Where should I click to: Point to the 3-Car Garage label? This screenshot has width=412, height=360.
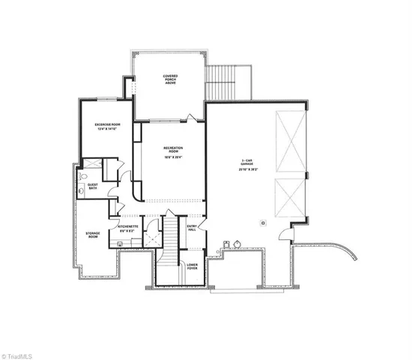[x=241, y=163]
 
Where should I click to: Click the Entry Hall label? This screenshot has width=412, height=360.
[x=191, y=227]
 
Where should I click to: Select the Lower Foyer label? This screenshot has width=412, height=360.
[x=192, y=265]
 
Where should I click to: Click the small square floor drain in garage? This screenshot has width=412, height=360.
[x=263, y=222]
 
